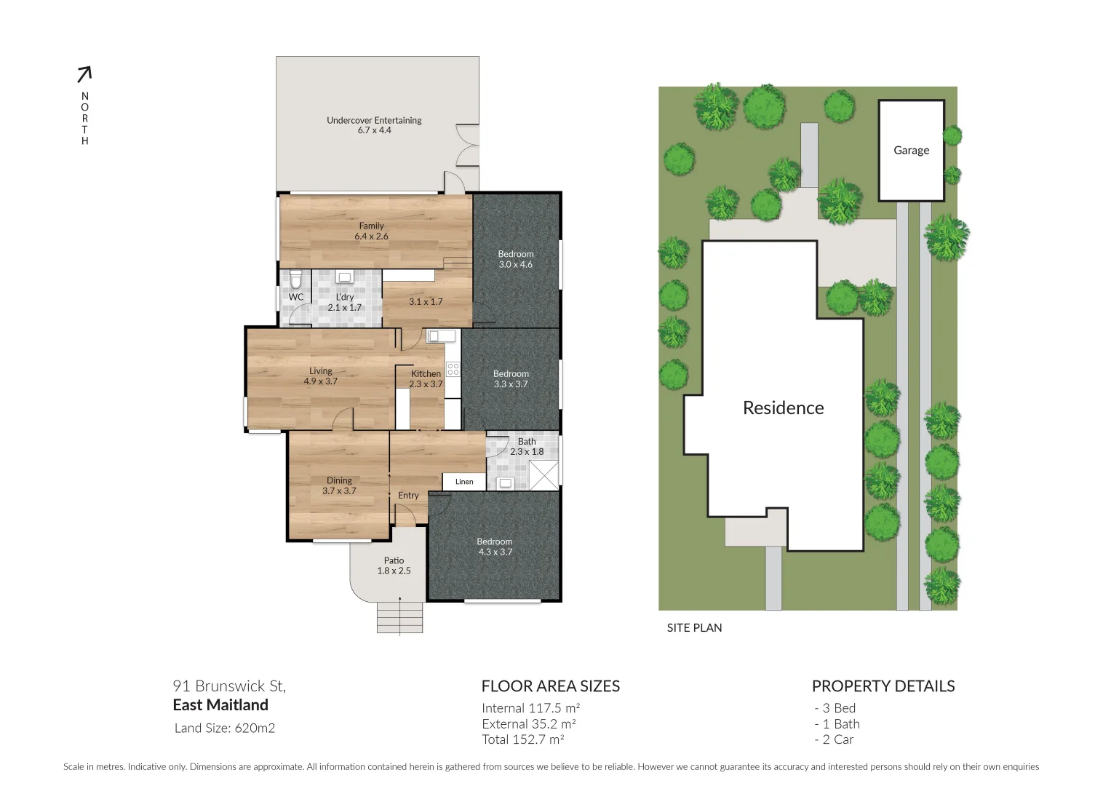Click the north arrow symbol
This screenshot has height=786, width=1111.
click(84, 74)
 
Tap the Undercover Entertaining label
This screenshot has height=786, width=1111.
click(374, 120)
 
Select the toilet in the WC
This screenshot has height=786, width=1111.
click(295, 279)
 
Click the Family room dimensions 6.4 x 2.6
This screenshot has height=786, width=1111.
click(371, 237)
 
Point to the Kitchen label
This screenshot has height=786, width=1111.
click(426, 373)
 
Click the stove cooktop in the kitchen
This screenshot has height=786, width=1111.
click(453, 369)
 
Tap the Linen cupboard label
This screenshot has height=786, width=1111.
click(464, 482)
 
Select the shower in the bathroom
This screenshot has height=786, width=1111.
click(544, 475)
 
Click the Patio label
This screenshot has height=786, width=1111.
click(394, 560)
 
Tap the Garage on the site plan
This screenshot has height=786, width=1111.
click(911, 151)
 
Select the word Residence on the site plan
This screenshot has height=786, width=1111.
click(783, 408)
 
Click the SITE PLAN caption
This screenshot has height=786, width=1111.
click(694, 627)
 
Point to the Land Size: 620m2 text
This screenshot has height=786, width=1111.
click(225, 728)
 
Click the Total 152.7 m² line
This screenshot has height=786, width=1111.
click(523, 739)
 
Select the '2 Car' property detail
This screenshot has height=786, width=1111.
click(834, 739)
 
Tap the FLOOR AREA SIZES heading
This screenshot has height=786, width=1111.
click(550, 686)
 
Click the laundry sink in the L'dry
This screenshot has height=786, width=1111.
click(344, 277)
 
